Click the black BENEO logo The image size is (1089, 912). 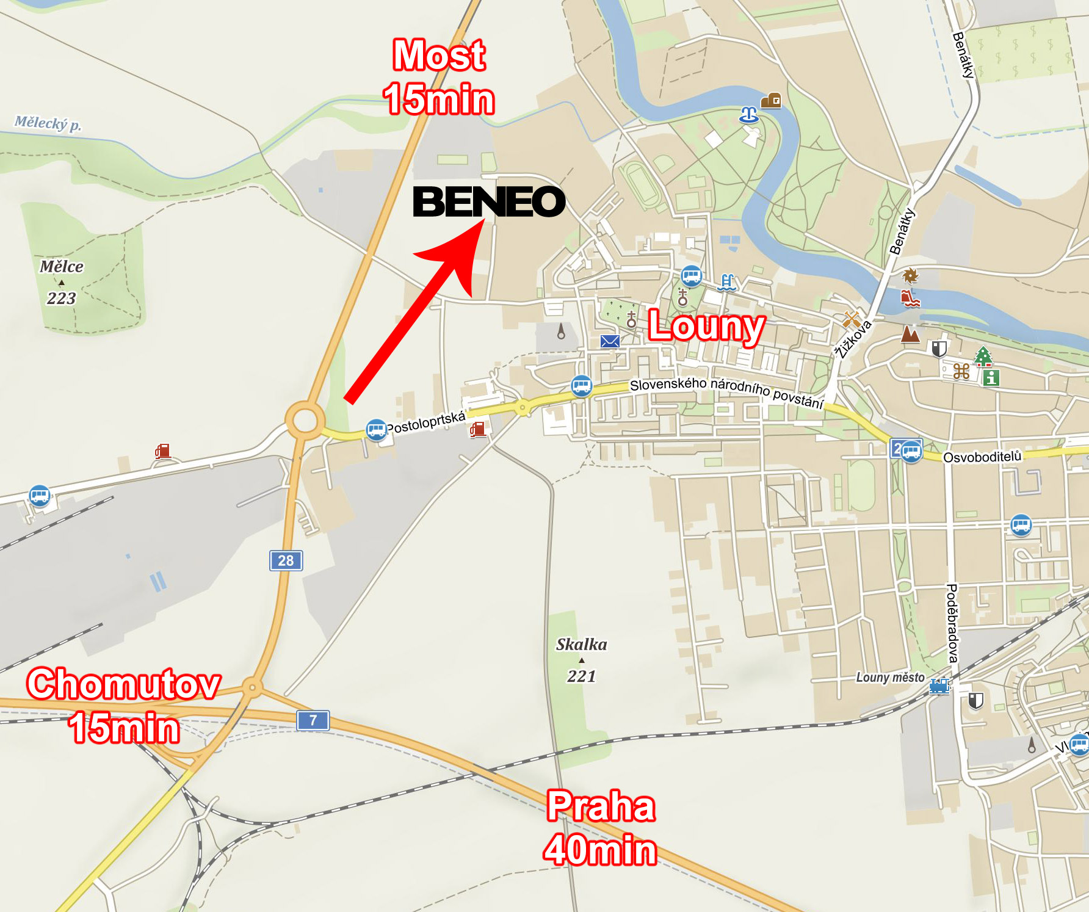click(x=489, y=202)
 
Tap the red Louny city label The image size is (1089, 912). click(x=706, y=327)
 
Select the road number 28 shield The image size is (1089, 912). click(x=286, y=560)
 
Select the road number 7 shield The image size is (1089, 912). click(x=313, y=720)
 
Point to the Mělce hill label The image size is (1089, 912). click(x=62, y=267)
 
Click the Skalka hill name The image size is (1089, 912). click(x=581, y=645)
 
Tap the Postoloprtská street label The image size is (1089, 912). click(x=426, y=422)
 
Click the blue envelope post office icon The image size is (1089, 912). click(x=610, y=341)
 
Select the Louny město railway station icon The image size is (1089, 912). click(x=939, y=686)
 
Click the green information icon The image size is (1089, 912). click(x=991, y=378)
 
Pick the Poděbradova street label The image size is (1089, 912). click(x=952, y=623)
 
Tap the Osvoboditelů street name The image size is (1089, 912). click(x=982, y=457)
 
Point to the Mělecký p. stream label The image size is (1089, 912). click(x=48, y=123)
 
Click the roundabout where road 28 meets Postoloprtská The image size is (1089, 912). click(x=305, y=421)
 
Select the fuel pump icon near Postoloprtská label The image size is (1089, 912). click(x=478, y=429)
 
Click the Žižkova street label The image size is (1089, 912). click(x=853, y=339)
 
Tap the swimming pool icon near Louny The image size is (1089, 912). click(x=726, y=283)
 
